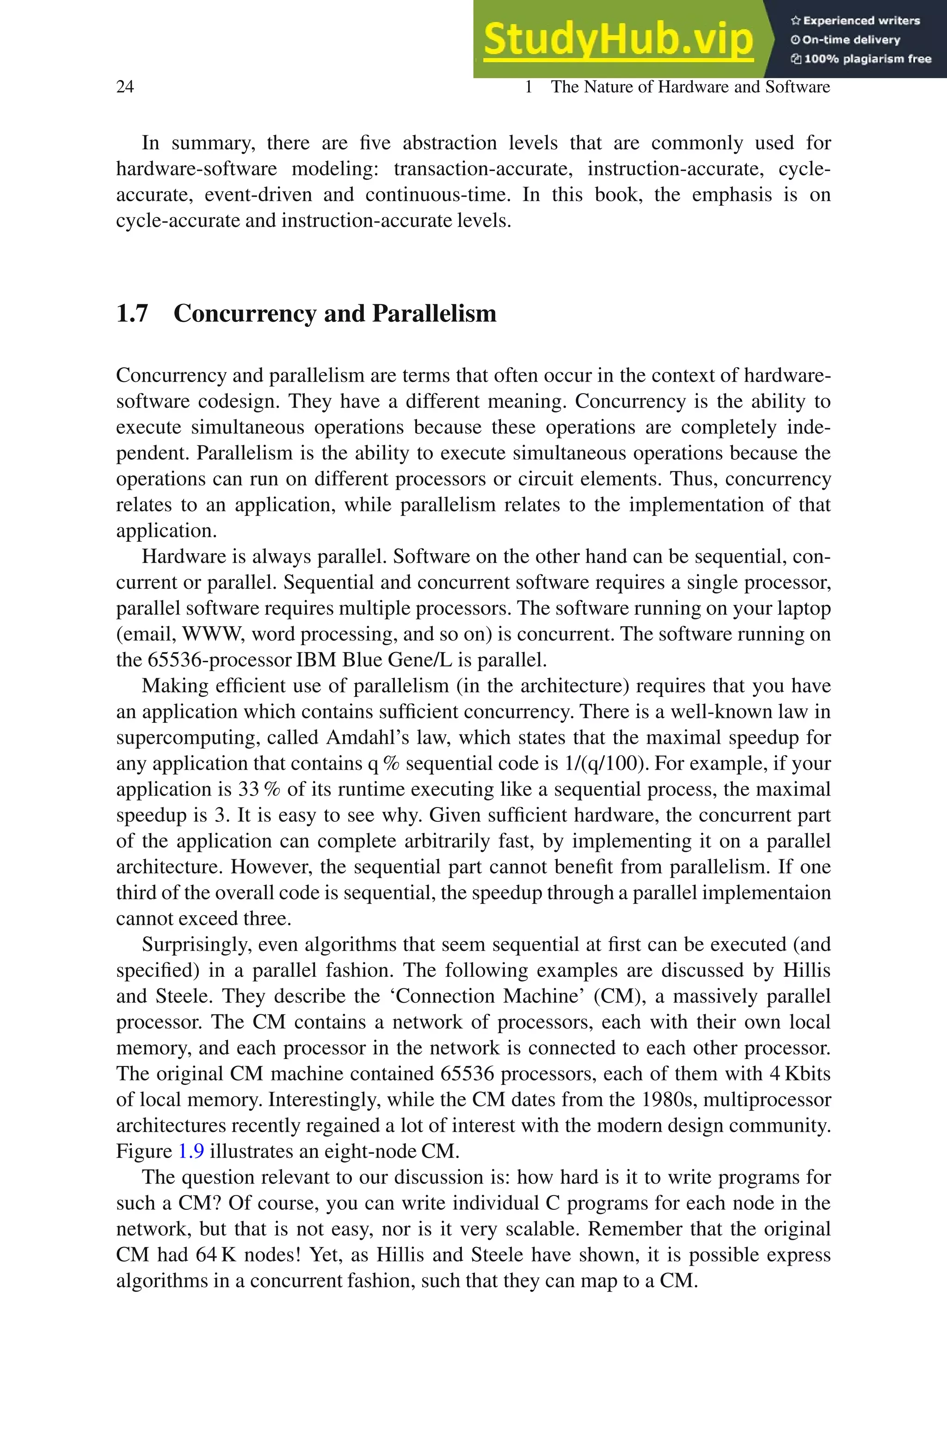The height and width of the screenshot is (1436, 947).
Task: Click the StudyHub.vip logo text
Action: (x=618, y=40)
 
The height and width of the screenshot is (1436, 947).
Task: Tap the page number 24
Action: (x=125, y=87)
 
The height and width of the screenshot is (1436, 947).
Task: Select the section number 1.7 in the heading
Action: (x=132, y=314)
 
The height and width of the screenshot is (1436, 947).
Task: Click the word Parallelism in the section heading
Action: (x=434, y=314)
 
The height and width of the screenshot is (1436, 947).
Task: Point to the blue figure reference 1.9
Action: (x=191, y=1151)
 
